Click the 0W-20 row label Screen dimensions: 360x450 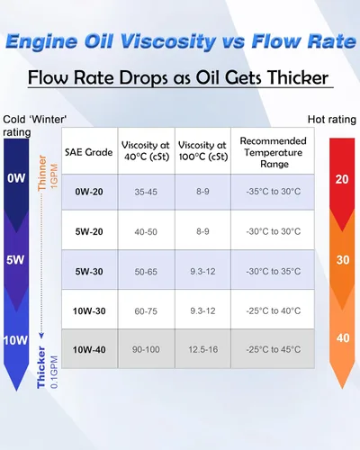89,192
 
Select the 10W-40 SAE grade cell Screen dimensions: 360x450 89,349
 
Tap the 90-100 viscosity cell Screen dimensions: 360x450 146,349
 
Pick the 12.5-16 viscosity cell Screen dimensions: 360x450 203,349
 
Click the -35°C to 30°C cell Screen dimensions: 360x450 274,192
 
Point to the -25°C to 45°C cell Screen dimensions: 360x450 274,349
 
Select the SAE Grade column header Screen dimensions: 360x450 89,152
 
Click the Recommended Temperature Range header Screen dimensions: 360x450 274,152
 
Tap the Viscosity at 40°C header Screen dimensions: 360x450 146,151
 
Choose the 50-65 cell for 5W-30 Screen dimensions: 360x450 146,272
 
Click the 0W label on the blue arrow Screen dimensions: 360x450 16,178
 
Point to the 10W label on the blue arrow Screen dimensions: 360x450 15,340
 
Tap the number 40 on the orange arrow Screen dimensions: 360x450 343,338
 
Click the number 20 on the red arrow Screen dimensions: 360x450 342,179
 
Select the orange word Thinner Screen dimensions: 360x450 42,173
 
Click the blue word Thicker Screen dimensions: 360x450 41,368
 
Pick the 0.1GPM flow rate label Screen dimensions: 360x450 54,373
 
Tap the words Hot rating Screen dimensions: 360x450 332,120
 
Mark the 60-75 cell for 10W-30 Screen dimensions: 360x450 146,311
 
